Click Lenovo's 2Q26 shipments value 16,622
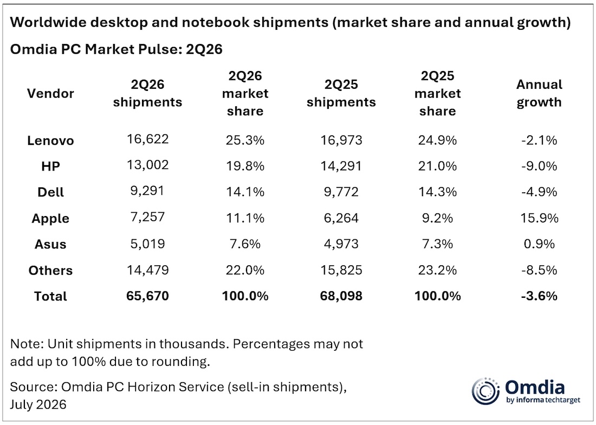coord(147,139)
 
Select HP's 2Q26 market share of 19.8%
coord(245,166)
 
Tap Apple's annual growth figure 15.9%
coord(539,218)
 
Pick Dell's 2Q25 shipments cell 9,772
coord(341,192)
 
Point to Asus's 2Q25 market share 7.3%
coord(437,244)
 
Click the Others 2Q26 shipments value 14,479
coord(147,270)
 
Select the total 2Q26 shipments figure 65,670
coord(147,296)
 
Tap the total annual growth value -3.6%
coord(539,296)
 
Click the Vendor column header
coord(50,94)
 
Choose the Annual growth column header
coord(539,94)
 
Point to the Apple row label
coord(50,218)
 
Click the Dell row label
coord(50,192)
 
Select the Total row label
coord(50,296)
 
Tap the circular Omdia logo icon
coord(485,391)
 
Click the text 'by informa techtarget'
coord(543,400)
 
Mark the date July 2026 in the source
coord(38,404)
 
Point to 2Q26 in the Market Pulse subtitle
coord(204,49)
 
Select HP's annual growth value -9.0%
coord(539,166)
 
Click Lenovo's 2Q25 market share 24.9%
coord(437,140)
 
